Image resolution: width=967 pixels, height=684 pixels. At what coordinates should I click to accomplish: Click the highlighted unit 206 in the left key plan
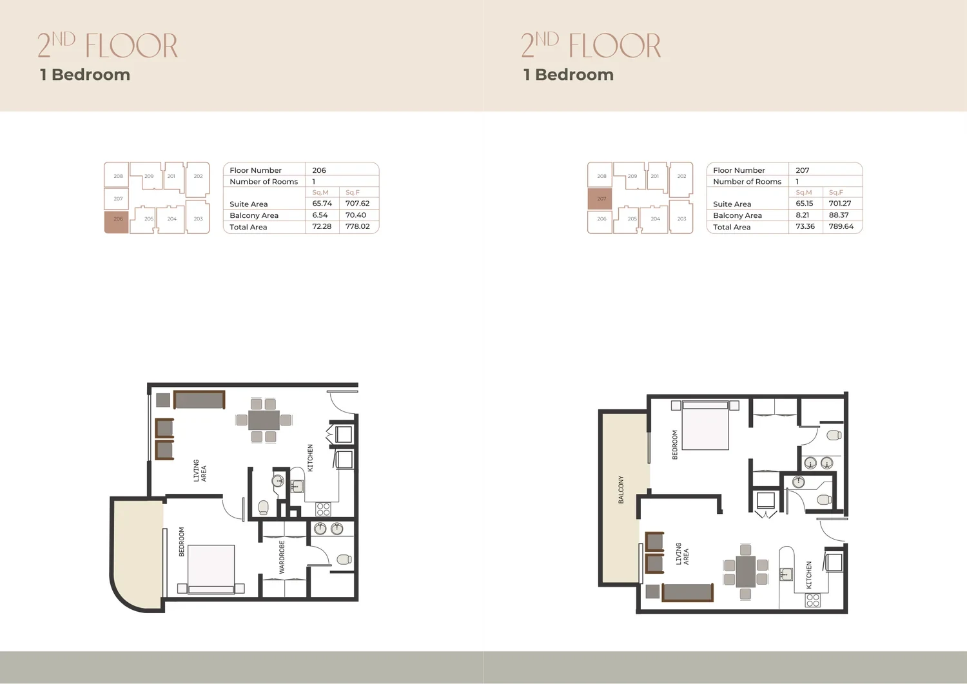(x=117, y=222)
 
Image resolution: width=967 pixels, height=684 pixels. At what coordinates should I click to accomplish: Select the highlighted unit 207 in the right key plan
(x=600, y=199)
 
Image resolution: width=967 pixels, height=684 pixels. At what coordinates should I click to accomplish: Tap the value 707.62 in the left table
(x=357, y=203)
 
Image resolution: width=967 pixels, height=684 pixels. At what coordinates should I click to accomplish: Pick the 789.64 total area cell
(x=841, y=226)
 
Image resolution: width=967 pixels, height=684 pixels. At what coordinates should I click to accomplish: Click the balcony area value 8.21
(x=803, y=215)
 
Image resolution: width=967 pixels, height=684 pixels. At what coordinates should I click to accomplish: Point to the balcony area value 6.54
(x=320, y=215)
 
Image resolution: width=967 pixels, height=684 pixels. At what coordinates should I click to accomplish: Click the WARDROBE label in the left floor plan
(x=282, y=557)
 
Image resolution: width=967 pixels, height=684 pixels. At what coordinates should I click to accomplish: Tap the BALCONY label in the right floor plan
(x=621, y=490)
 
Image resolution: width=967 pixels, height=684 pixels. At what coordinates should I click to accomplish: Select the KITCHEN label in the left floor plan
(x=310, y=458)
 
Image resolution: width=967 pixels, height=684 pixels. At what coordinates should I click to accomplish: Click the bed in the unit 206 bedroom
(x=211, y=569)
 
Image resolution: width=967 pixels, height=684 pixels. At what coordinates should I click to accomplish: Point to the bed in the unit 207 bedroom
(x=705, y=425)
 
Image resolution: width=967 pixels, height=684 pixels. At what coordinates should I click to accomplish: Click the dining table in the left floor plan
(x=264, y=420)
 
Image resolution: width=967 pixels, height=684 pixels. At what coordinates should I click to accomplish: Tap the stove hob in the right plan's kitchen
(x=813, y=600)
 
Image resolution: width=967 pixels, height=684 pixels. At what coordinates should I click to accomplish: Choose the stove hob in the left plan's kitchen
(x=323, y=509)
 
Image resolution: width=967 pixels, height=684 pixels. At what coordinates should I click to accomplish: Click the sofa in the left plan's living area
(x=199, y=400)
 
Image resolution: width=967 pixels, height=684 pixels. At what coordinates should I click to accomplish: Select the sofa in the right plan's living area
(x=687, y=592)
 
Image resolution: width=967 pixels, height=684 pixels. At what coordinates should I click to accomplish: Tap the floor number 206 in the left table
(x=319, y=170)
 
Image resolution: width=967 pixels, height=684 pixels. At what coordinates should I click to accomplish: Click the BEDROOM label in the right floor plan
(x=675, y=444)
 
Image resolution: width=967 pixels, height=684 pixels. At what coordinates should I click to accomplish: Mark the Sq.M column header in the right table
(x=804, y=192)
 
